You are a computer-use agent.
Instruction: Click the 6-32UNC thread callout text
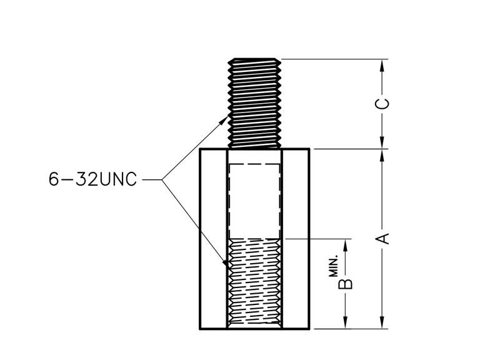(92, 181)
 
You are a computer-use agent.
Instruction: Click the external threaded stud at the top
(254, 102)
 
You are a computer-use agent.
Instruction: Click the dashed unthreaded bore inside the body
(254, 201)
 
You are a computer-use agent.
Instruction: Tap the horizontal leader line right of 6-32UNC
(152, 181)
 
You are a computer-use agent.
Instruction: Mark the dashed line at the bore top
(254, 164)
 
